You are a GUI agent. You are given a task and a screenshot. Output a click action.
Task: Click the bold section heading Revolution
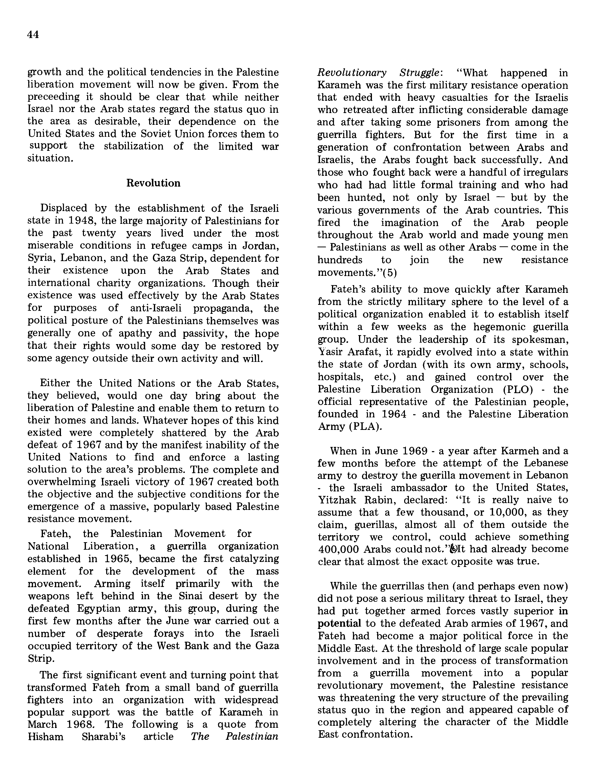(x=153, y=183)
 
